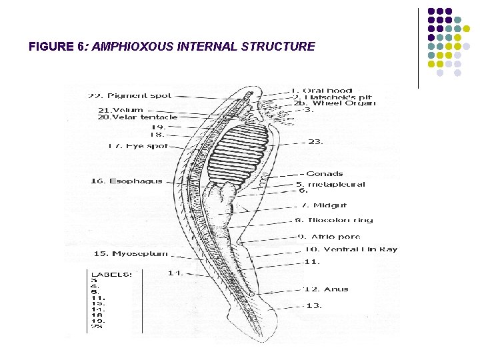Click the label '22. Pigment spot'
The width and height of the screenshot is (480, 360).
point(130,96)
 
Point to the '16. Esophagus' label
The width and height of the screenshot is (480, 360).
point(127,181)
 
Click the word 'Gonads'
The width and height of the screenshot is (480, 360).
point(325,174)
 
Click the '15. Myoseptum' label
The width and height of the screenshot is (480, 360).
point(130,253)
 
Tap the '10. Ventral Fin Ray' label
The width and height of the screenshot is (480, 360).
point(351,249)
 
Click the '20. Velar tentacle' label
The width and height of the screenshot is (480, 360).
point(138,117)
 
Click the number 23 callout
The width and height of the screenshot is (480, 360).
point(316,141)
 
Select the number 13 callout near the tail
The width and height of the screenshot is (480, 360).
point(314,306)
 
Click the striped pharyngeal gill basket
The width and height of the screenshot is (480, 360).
point(243,151)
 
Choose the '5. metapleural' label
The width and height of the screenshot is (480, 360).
point(331,185)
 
